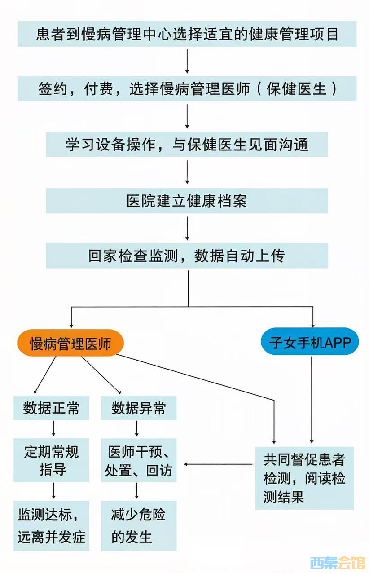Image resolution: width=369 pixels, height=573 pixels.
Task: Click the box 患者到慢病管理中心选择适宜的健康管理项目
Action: (187, 34)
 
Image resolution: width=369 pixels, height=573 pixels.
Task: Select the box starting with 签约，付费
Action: (187, 88)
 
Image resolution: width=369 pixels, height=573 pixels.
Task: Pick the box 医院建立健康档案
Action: (187, 200)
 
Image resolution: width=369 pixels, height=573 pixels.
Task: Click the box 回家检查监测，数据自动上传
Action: (187, 256)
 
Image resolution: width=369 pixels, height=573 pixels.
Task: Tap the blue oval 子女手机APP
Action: (310, 343)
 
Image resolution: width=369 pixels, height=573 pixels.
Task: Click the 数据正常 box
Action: (51, 408)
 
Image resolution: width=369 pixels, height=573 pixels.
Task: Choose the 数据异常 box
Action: (138, 408)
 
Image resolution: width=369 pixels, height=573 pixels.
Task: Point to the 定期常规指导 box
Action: (51, 460)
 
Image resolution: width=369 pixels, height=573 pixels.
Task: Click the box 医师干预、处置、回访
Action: (138, 460)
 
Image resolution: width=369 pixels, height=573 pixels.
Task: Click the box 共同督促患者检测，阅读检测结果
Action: (304, 478)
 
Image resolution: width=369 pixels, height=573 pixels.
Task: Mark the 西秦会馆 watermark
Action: (337, 562)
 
